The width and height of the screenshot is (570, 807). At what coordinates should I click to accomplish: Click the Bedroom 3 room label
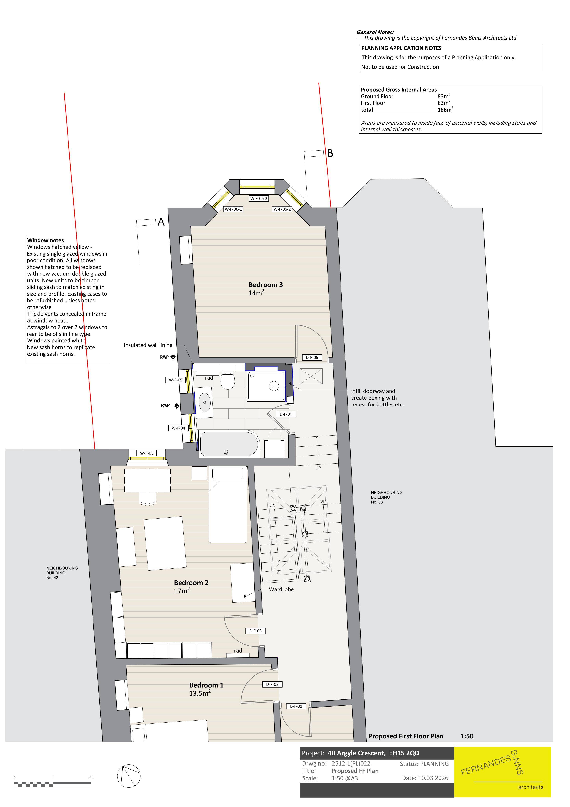266,285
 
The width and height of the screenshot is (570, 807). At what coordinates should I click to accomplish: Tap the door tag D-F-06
312,357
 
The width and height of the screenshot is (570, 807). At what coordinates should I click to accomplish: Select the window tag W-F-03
147,453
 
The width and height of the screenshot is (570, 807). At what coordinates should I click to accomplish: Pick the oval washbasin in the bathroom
205,403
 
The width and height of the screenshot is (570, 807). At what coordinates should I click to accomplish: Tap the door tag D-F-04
286,414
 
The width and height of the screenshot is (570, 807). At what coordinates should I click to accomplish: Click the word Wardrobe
281,589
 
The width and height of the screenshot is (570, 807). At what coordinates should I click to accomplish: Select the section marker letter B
330,153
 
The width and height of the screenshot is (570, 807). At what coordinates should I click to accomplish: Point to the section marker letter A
161,222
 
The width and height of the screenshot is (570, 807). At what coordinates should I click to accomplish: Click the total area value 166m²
445,110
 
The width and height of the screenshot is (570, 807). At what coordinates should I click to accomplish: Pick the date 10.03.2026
433,778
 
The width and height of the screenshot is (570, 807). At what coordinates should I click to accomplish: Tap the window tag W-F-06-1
233,209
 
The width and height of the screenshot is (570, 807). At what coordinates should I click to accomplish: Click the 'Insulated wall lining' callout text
148,345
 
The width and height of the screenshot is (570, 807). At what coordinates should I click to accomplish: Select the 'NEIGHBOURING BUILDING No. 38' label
386,497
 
